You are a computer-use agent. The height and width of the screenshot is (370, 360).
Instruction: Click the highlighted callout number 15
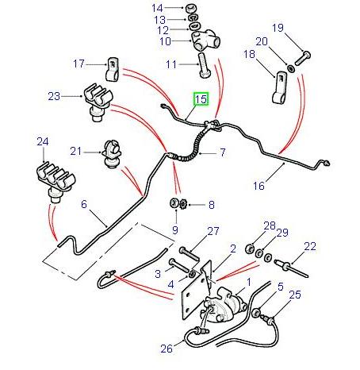pyautogui.click(x=201, y=99)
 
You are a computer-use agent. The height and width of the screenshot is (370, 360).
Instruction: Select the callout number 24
pyautogui.click(x=43, y=142)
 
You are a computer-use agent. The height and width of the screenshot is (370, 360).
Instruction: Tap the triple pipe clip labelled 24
pyautogui.click(x=50, y=179)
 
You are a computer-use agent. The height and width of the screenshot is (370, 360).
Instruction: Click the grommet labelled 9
pyautogui.click(x=173, y=207)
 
